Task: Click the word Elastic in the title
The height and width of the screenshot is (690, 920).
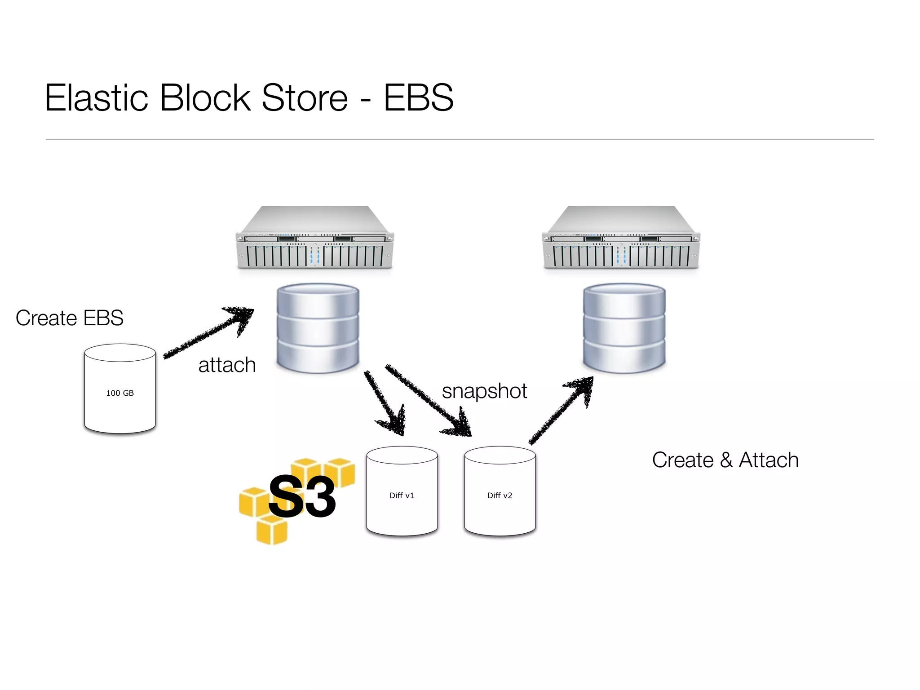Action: (96, 97)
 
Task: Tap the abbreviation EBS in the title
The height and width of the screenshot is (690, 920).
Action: (418, 97)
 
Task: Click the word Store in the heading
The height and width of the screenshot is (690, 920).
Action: (305, 97)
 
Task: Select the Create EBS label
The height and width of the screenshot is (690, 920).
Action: (70, 318)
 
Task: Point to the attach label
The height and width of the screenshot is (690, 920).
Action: (227, 365)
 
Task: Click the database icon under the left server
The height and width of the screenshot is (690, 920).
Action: (318, 328)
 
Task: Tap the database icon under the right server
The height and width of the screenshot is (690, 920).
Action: (624, 328)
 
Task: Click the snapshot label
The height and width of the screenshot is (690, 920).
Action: (484, 391)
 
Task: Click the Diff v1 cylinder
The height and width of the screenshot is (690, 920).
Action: (402, 491)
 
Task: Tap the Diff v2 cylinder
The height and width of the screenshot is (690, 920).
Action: (500, 491)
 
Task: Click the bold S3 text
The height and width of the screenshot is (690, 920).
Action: (302, 497)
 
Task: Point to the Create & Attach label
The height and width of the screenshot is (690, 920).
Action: (725, 460)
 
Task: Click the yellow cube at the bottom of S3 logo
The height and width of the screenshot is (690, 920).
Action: (271, 530)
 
